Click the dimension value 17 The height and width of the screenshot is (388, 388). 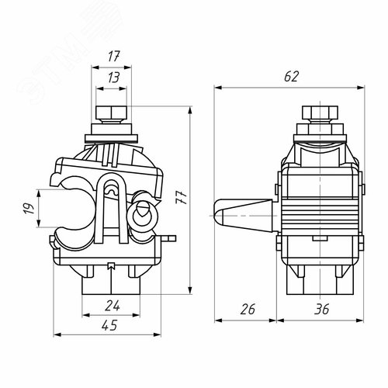[x=113, y=57]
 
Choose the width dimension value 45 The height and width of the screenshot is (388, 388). [x=113, y=327]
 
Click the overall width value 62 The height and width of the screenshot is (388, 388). [x=291, y=77]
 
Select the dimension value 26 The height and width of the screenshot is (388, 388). [x=248, y=310]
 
